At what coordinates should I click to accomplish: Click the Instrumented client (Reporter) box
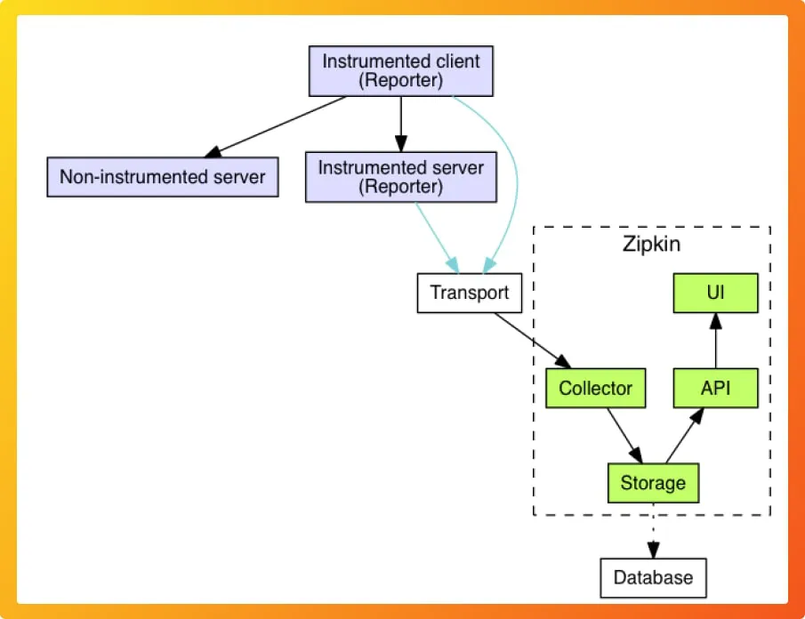(x=400, y=71)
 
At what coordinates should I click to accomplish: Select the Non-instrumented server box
(x=162, y=177)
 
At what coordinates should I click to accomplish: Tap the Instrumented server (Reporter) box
(x=400, y=176)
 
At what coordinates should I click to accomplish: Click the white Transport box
(x=469, y=293)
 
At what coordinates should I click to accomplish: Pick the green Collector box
(x=595, y=389)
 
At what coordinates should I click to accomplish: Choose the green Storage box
(x=652, y=483)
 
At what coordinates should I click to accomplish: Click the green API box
(x=715, y=389)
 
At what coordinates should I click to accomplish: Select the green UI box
(x=715, y=293)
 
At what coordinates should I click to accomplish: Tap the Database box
(x=652, y=577)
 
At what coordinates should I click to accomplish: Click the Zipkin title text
(x=651, y=244)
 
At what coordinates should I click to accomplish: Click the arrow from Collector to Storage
(x=623, y=435)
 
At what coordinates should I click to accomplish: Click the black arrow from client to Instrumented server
(x=400, y=123)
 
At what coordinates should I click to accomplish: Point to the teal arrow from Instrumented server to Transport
(x=437, y=237)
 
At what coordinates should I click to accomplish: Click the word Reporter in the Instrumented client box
(x=400, y=81)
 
